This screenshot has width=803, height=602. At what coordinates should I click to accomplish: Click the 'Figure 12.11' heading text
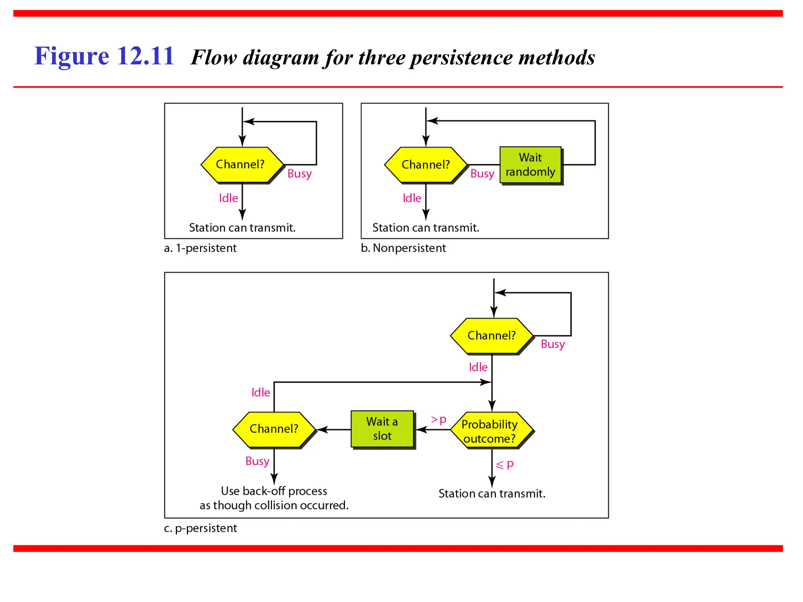[104, 56]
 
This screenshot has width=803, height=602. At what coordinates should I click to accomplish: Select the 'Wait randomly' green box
[530, 165]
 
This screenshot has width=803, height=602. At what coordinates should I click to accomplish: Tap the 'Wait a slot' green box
[382, 429]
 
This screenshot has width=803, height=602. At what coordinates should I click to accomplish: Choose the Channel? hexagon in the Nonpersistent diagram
[425, 165]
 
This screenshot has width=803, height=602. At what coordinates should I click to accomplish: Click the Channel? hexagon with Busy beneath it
[274, 429]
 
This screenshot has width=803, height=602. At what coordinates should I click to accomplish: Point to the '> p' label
[438, 420]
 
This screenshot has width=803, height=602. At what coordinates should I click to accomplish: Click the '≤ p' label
[505, 465]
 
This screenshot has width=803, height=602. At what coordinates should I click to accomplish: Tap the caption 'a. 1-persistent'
[200, 248]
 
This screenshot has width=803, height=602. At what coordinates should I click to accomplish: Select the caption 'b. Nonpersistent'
[403, 248]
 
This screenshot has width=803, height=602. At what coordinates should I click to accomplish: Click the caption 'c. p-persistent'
[200, 528]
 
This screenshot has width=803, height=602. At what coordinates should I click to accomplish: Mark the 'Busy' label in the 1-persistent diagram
[299, 174]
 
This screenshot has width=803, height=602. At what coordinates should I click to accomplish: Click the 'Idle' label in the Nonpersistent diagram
[412, 198]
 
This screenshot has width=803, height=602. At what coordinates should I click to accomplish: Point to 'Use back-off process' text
[274, 491]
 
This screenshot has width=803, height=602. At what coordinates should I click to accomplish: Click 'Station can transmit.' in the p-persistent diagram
[492, 493]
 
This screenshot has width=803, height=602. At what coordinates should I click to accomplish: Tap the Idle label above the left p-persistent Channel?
[260, 392]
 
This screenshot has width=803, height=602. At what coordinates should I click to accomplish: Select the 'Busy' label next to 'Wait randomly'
[482, 174]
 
